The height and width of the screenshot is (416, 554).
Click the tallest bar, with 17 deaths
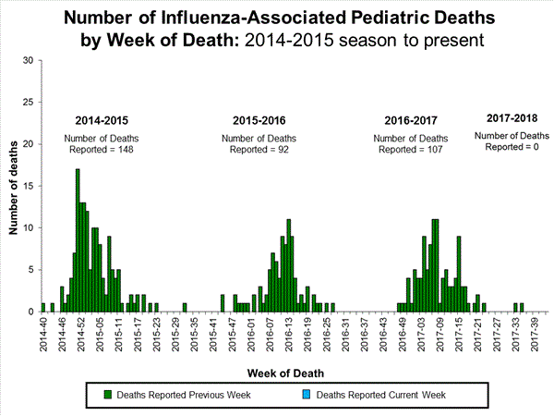(78, 240)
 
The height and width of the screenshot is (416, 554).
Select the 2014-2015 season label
(102, 121)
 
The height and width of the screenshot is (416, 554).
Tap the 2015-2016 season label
(259, 121)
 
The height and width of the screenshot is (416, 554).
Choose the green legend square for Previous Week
(108, 395)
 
